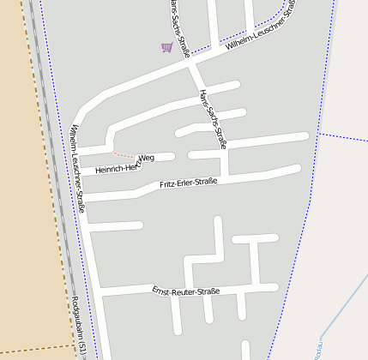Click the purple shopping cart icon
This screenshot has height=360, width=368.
pos(166,47)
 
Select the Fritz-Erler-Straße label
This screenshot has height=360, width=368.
pos(189,183)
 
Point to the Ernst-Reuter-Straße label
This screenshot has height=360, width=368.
pos(186,291)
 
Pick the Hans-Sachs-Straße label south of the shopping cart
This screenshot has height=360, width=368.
pos(213,119)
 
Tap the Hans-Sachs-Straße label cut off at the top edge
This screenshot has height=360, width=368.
pos(179,26)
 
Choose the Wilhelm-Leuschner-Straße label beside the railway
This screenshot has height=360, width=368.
pos(78,167)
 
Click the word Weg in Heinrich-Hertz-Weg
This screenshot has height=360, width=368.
pos(147,159)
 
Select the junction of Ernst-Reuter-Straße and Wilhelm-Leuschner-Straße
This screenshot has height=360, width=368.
pos(100,294)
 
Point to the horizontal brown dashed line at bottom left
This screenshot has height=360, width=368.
pos(34,349)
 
